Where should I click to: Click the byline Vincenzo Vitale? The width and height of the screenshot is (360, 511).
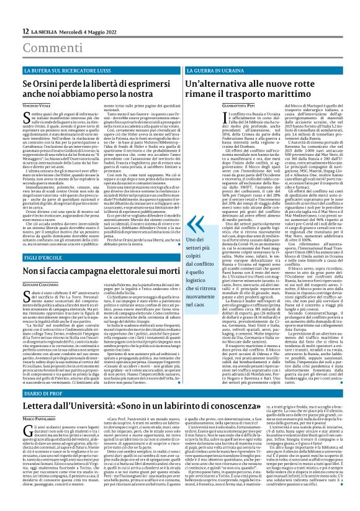tap(37, 107)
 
